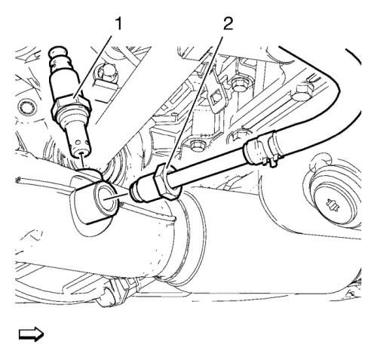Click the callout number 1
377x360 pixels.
[x=118, y=24]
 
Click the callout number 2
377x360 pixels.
[x=228, y=24]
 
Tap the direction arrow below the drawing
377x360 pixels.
[x=31, y=334]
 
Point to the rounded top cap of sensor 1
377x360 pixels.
[x=59, y=51]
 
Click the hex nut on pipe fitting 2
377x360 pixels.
[x=167, y=182]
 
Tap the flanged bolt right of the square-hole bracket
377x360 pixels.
[x=239, y=85]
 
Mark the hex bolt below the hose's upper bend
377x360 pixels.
[x=302, y=92]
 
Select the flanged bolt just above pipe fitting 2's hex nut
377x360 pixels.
[x=197, y=145]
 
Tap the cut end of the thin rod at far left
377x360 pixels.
[x=17, y=180]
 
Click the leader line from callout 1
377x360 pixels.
[x=93, y=66]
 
